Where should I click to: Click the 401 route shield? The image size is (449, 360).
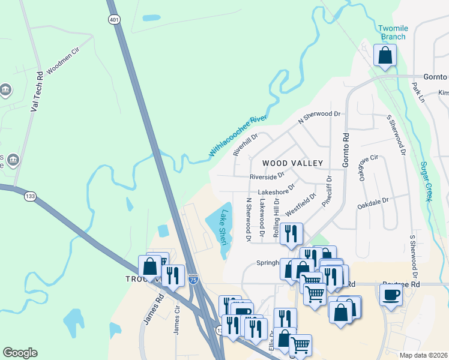114,20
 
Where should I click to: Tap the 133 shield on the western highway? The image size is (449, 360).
29,196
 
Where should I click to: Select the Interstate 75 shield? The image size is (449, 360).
193,280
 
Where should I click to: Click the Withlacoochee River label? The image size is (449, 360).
238,136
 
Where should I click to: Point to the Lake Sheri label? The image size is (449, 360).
223,223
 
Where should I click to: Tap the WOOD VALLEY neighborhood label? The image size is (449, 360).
292,163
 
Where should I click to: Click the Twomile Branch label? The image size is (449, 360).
392,32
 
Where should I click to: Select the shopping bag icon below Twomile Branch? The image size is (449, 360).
385,55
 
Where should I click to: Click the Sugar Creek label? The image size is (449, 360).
426,181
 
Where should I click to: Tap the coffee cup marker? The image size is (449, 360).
391,295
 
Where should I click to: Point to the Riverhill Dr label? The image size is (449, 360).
246,145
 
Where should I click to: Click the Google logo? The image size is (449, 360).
20,353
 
